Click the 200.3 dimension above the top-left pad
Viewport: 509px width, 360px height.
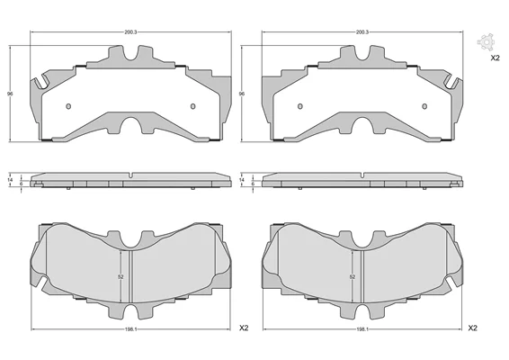[130, 32]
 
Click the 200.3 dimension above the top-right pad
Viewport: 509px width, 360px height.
[362, 32]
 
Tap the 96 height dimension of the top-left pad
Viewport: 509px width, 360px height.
[10, 94]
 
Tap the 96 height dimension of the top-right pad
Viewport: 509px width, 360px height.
[242, 94]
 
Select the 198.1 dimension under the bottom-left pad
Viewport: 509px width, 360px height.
[130, 329]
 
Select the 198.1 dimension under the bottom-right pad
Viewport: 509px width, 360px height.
[362, 329]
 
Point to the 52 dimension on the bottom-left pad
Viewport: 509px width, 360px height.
[121, 277]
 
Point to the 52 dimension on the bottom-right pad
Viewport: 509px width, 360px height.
[353, 277]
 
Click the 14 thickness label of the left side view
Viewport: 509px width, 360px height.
[10, 180]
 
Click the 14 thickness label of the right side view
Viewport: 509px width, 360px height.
[242, 180]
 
